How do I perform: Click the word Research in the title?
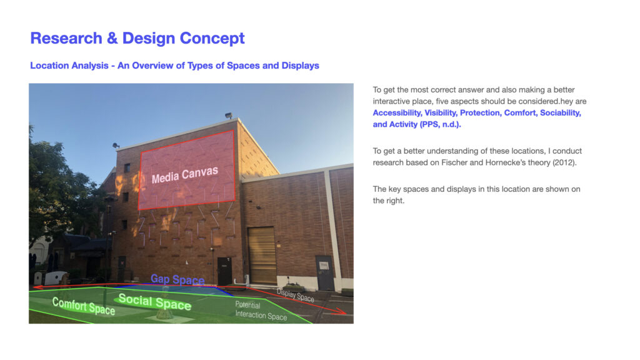pyautogui.click(x=66, y=38)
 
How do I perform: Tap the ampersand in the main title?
pyautogui.click(x=112, y=38)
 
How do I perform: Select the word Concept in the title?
pyautogui.click(x=212, y=39)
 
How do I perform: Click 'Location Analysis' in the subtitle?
pyautogui.click(x=69, y=66)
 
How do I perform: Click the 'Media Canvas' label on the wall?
pyautogui.click(x=185, y=175)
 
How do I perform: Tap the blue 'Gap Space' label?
pyautogui.click(x=177, y=279)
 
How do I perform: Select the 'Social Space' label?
pyautogui.click(x=155, y=302)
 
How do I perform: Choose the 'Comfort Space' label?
pyautogui.click(x=84, y=306)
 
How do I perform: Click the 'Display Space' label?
pyautogui.click(x=296, y=295)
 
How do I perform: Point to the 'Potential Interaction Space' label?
pyautogui.click(x=261, y=311)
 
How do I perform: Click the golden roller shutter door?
pyautogui.click(x=262, y=255)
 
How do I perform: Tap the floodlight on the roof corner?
pyautogui.click(x=229, y=116)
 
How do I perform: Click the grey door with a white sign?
pyautogui.click(x=324, y=273)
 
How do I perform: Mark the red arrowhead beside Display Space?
pyautogui.click(x=341, y=312)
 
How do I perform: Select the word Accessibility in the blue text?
pyautogui.click(x=397, y=113)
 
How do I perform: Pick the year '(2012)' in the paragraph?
pyautogui.click(x=564, y=163)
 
